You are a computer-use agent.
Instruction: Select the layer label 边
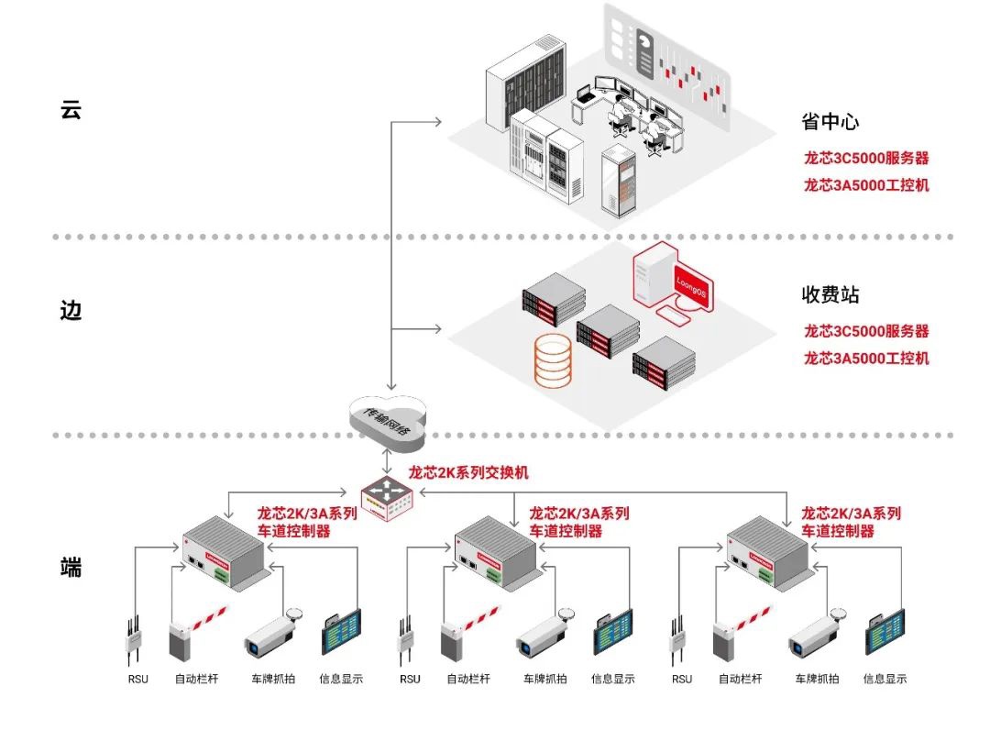(x=71, y=310)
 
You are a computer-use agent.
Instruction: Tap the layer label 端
(x=71, y=567)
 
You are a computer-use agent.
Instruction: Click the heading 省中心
(x=830, y=122)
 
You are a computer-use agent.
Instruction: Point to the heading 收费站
(x=830, y=295)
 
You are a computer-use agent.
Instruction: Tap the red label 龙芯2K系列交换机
(x=468, y=473)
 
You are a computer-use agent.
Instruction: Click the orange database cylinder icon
(x=554, y=359)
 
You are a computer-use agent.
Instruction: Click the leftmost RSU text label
(x=138, y=680)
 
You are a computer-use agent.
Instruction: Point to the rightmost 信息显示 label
(x=885, y=680)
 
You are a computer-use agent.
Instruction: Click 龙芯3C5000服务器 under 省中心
(x=866, y=158)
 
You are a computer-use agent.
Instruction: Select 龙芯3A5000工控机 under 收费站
(x=866, y=358)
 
